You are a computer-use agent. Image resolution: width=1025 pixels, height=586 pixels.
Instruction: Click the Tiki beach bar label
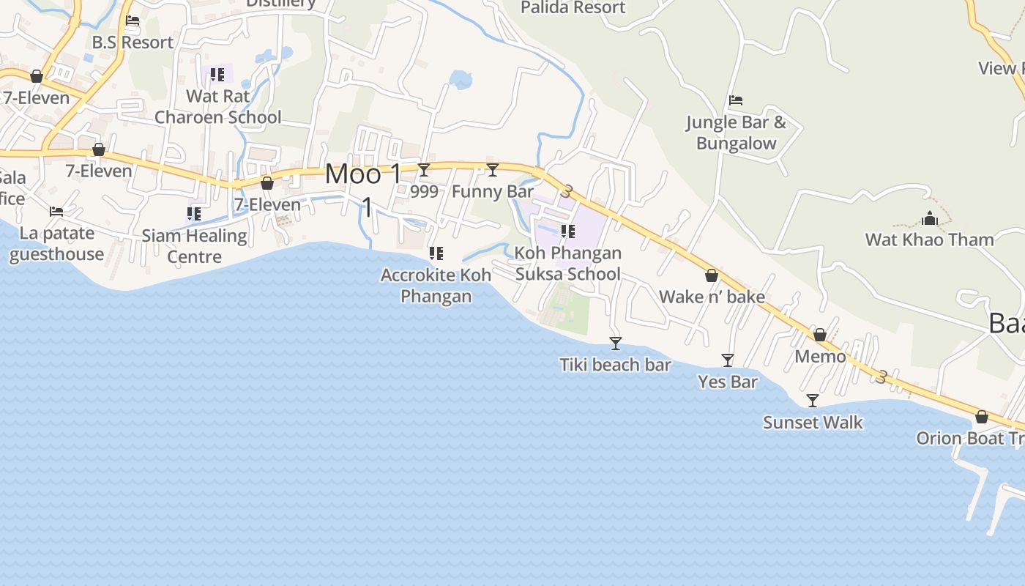(x=615, y=365)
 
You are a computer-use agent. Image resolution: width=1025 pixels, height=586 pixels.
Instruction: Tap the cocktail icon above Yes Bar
(x=728, y=360)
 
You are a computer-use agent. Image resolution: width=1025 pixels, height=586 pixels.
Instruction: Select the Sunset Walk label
(x=813, y=423)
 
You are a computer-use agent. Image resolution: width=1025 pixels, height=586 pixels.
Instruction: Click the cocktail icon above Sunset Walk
(x=813, y=400)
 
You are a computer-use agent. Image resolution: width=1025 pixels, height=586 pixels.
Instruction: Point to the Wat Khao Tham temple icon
(x=930, y=218)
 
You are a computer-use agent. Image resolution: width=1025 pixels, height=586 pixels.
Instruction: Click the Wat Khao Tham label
(x=929, y=240)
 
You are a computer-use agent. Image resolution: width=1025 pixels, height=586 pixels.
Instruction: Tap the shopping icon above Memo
(x=820, y=335)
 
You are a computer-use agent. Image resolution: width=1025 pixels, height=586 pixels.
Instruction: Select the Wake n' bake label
(x=712, y=297)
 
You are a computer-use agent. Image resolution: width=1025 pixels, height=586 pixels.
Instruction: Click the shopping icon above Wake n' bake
(x=711, y=275)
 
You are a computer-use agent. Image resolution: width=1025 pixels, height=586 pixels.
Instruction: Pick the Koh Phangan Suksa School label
(x=568, y=264)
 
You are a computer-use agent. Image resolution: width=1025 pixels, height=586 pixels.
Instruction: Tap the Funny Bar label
(x=493, y=192)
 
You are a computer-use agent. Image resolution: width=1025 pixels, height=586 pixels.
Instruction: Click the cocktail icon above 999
(x=424, y=170)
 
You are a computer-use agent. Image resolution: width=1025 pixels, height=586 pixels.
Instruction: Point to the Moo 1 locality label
(x=363, y=174)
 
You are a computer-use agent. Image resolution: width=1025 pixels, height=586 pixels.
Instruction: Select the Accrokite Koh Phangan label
(x=436, y=286)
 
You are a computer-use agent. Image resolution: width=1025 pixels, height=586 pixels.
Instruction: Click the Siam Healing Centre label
(x=194, y=246)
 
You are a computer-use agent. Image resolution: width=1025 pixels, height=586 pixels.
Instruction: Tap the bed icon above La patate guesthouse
(x=56, y=212)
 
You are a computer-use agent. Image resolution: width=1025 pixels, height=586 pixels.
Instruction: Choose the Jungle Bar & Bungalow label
(x=736, y=133)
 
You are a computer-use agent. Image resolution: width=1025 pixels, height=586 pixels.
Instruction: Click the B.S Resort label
(x=133, y=42)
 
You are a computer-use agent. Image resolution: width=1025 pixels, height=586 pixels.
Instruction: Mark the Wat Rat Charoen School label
(x=217, y=106)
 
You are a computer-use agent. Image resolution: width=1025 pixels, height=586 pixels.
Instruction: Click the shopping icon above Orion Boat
(x=981, y=417)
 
